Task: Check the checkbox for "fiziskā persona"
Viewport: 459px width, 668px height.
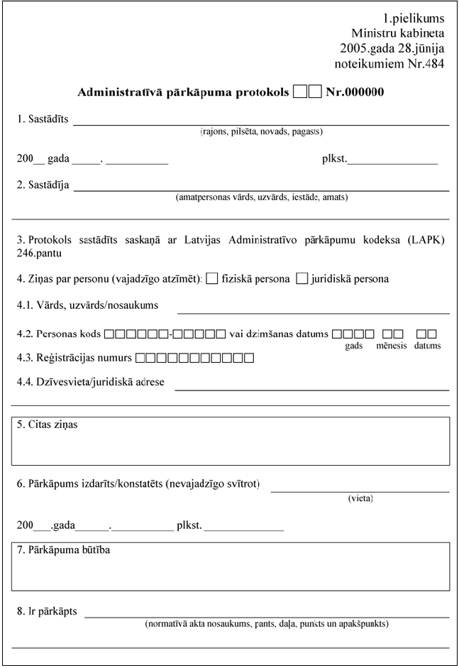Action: coord(211,279)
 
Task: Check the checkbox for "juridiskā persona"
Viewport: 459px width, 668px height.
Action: coord(302,279)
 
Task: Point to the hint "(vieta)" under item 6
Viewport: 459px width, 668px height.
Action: coord(360,498)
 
